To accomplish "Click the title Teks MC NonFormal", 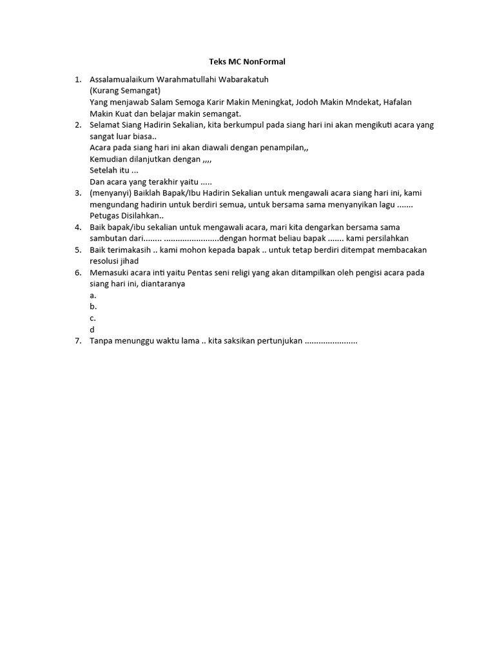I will click(247, 62).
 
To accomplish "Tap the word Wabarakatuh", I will click(242, 79).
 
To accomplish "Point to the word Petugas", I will click(104, 216).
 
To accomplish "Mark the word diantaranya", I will click(159, 284).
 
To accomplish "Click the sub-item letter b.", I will click(93, 307).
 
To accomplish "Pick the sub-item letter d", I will click(93, 329).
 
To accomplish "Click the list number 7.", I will click(77, 341).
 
